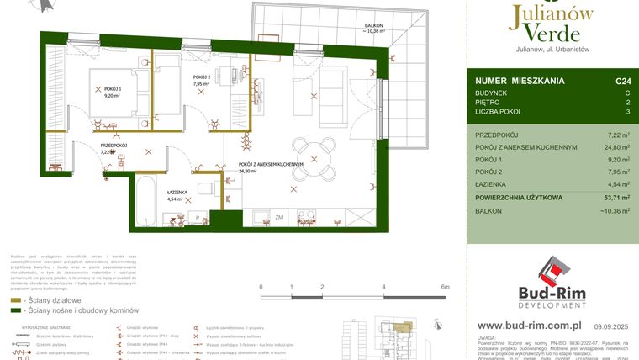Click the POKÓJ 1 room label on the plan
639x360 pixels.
point(113,88)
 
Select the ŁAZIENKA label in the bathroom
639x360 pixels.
point(176,192)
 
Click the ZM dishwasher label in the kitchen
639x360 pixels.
point(278,218)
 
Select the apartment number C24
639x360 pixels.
point(622,82)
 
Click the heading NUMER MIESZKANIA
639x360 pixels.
point(520,82)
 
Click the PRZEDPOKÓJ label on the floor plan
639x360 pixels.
point(114,146)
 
